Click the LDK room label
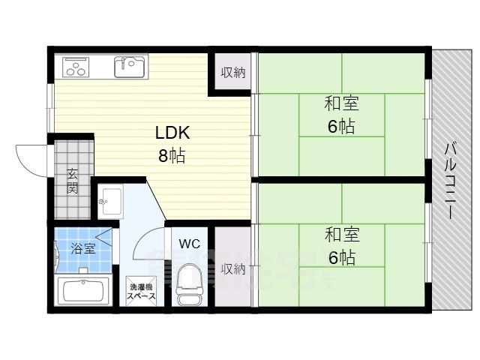click(x=173, y=133)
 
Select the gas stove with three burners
click(x=77, y=67)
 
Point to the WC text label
click(x=189, y=243)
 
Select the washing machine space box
click(x=141, y=292)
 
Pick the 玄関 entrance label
click(x=73, y=181)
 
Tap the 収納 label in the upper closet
click(x=232, y=73)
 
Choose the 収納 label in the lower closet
click(x=233, y=268)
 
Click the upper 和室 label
click(x=341, y=103)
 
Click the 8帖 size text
click(x=172, y=157)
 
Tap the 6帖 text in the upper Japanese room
click(x=341, y=127)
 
